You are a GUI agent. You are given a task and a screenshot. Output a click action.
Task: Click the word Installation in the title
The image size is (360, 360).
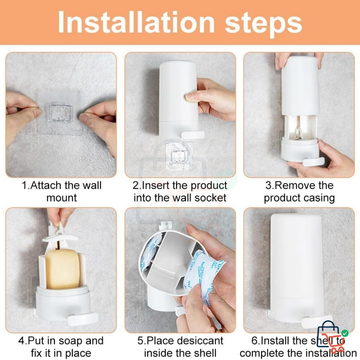(x=136, y=22)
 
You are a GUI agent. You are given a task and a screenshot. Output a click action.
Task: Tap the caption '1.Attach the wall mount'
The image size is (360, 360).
(x=62, y=191)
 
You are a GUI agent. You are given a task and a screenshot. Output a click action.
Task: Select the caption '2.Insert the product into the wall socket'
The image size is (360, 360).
(x=180, y=191)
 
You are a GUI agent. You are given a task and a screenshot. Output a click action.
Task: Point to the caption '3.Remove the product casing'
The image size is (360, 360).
(x=299, y=191)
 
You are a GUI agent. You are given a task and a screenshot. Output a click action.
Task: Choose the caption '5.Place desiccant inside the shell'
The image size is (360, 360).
(x=180, y=347)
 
